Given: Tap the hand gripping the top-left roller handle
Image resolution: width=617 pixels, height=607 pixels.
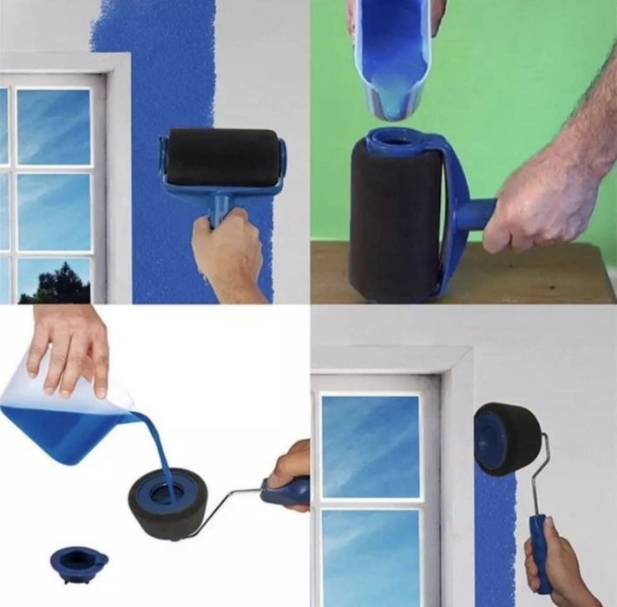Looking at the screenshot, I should point(228,257).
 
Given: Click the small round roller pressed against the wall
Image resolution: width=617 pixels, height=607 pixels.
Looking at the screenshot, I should point(508,439).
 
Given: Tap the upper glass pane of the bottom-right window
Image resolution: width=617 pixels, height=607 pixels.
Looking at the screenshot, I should point(370,433).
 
